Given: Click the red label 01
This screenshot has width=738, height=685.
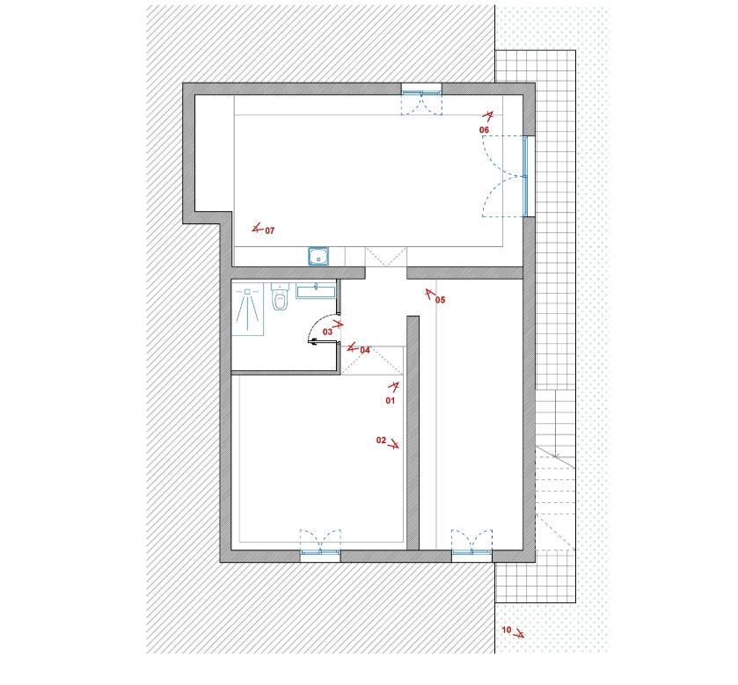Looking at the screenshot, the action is [x=391, y=401].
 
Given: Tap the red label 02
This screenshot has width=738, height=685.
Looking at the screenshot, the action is [x=381, y=441].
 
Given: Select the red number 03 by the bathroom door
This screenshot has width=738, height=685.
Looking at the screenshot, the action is [x=327, y=332].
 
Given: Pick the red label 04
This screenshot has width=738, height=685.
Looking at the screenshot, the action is [x=365, y=350].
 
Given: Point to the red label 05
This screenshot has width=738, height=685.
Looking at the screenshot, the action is [x=440, y=300].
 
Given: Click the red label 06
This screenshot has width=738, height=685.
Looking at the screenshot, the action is [x=485, y=130].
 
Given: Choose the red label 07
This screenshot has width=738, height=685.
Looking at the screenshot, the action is [x=270, y=230].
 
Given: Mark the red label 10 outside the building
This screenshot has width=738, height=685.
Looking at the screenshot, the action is [x=507, y=630].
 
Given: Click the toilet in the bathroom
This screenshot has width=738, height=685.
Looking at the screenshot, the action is [x=280, y=296].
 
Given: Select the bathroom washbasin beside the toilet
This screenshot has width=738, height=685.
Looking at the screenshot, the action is [x=316, y=290].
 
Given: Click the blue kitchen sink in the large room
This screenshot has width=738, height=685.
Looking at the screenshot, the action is [x=318, y=257].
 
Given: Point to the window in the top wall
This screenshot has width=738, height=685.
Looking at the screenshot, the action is [x=421, y=92].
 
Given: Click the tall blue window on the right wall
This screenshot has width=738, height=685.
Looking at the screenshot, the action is [x=525, y=176].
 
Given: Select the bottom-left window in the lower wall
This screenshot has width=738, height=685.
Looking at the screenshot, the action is [x=320, y=552].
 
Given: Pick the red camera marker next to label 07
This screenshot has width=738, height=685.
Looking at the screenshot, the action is [x=257, y=229].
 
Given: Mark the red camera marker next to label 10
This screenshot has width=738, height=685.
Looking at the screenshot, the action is [x=519, y=633].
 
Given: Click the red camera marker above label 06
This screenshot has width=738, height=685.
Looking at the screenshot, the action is [x=489, y=116].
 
